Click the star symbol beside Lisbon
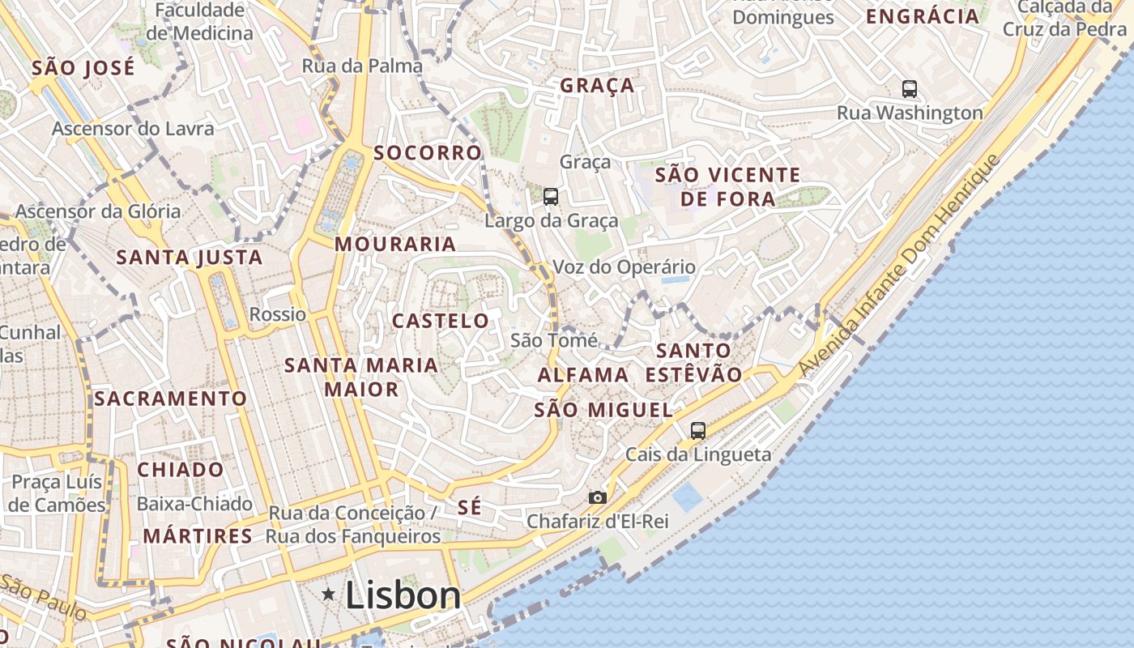pos(328,595)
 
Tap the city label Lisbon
pos(403,595)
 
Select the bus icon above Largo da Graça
pos(551,196)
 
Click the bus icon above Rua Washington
pos(910,89)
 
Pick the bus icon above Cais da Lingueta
pos(698,431)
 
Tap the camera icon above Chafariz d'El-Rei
pos(598,497)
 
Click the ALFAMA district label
pos(583,375)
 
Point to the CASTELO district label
pos(441,321)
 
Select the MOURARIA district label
pos(395,244)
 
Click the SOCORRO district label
pos(428,153)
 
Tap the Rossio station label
pos(278,314)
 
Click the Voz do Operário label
pos(624,266)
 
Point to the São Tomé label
pos(554,340)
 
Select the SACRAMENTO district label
pos(170,399)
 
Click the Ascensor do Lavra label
pos(133,129)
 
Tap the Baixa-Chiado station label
pos(194,504)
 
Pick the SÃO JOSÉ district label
pos(83,68)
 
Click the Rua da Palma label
pos(362,66)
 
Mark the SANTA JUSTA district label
pos(190,258)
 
